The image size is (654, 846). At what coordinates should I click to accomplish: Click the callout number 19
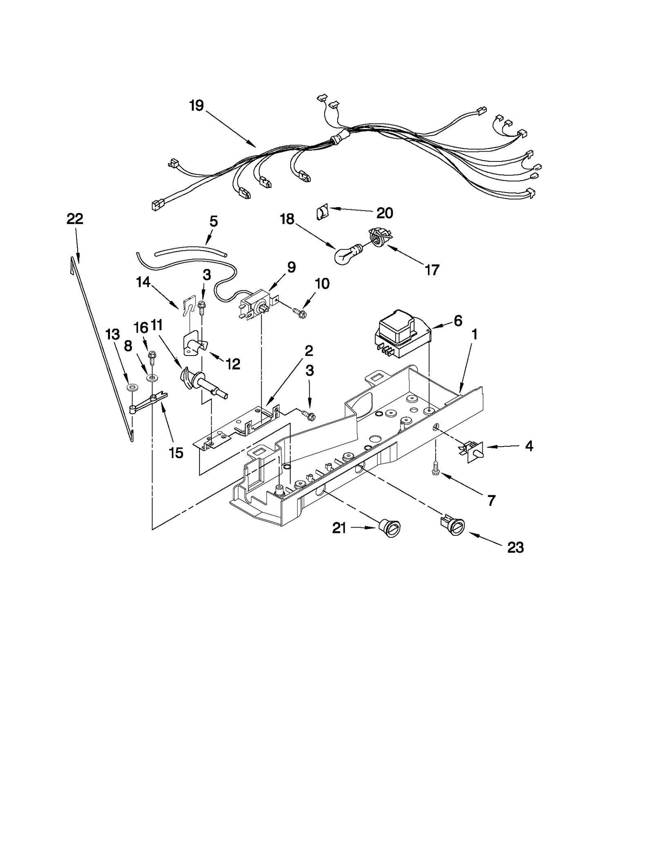(197, 106)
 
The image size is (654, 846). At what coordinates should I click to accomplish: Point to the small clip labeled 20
(322, 213)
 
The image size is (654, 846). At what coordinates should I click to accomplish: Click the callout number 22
(75, 219)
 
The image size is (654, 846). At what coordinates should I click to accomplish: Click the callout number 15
(177, 453)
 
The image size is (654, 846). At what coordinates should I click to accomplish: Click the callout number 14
(143, 282)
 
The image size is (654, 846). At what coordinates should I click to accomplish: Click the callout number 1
(474, 335)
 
